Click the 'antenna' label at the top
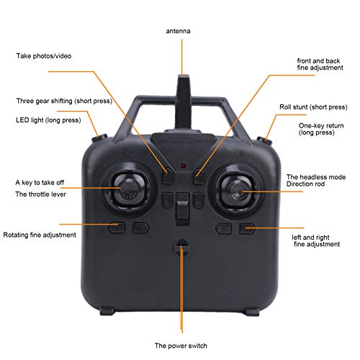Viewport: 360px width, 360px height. pos(180,32)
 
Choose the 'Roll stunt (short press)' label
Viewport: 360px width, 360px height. pos(313,107)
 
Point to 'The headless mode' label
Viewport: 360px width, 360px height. pos(316,176)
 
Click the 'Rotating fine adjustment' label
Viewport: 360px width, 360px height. pos(40,235)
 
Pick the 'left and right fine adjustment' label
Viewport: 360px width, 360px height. pos(316,240)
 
